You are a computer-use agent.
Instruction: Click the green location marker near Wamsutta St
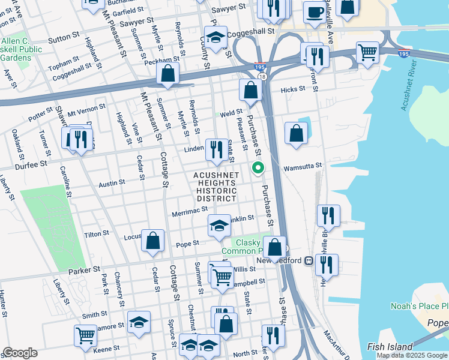coord(258,168)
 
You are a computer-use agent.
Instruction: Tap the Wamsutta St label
coord(303,166)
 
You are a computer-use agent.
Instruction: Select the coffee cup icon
coord(314,12)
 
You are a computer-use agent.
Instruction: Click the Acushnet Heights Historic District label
coord(216,187)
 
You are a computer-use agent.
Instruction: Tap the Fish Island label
coord(390,347)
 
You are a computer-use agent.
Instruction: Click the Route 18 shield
coord(262,76)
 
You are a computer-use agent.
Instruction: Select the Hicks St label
coord(293,89)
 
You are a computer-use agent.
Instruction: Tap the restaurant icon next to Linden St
coord(216,149)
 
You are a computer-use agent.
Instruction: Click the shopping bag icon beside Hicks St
coord(250,91)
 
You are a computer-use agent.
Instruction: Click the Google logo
coord(19,353)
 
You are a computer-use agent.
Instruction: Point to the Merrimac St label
coord(189,210)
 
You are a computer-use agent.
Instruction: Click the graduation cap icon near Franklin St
coord(219,226)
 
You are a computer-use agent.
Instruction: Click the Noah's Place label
coord(419,306)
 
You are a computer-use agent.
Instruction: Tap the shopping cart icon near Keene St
coord(85,335)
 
